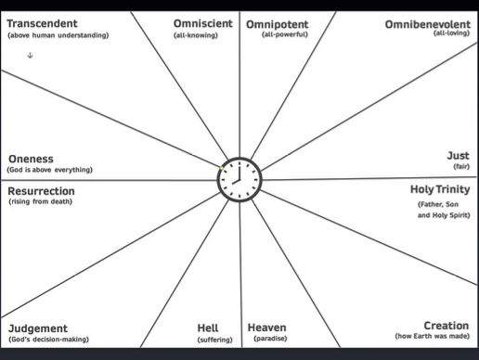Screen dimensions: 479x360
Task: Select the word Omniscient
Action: click(x=203, y=22)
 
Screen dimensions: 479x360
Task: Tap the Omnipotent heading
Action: click(x=278, y=22)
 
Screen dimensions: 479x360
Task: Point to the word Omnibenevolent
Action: click(x=427, y=22)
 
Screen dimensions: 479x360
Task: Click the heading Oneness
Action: click(x=31, y=159)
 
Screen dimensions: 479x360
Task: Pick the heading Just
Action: click(x=458, y=156)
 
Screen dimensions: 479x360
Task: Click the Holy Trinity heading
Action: click(x=440, y=190)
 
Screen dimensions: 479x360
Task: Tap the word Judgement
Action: click(x=38, y=328)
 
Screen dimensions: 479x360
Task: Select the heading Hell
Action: click(x=208, y=328)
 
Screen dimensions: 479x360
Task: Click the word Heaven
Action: click(x=267, y=328)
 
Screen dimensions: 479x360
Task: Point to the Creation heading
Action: click(x=446, y=326)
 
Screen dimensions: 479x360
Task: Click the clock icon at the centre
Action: click(x=239, y=179)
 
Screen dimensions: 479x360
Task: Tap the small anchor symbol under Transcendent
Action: click(x=31, y=57)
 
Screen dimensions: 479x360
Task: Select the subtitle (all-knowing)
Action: click(x=195, y=35)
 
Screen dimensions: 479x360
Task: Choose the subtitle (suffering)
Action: click(x=214, y=340)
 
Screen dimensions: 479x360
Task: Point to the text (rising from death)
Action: click(x=42, y=202)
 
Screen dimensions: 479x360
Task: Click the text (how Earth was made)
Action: click(x=432, y=336)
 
